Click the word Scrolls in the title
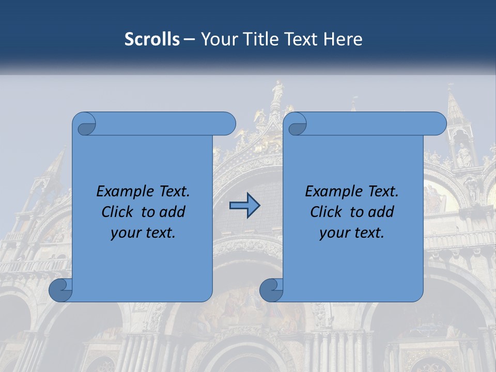[152, 39]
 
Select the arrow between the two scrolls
[244, 206]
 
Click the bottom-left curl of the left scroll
[60, 290]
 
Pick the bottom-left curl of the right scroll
[271, 290]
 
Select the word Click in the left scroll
[117, 212]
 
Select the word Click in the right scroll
[326, 212]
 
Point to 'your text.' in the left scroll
[143, 233]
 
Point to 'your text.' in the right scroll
[352, 233]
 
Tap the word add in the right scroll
[381, 212]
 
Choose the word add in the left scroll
[172, 212]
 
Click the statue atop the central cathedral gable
[278, 91]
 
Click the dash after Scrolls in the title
[190, 39]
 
